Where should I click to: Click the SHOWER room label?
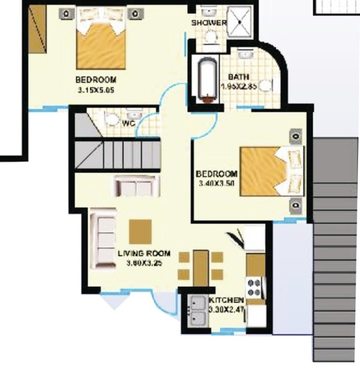pyautogui.click(x=209, y=23)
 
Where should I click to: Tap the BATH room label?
pyautogui.click(x=239, y=77)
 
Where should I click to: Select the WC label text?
pyautogui.click(x=128, y=123)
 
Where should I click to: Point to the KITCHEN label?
pyautogui.click(x=226, y=300)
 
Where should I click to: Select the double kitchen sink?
pyautogui.click(x=197, y=312)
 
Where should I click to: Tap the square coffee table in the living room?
pyautogui.click(x=141, y=232)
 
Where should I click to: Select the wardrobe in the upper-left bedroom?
pyautogui.click(x=37, y=28)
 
